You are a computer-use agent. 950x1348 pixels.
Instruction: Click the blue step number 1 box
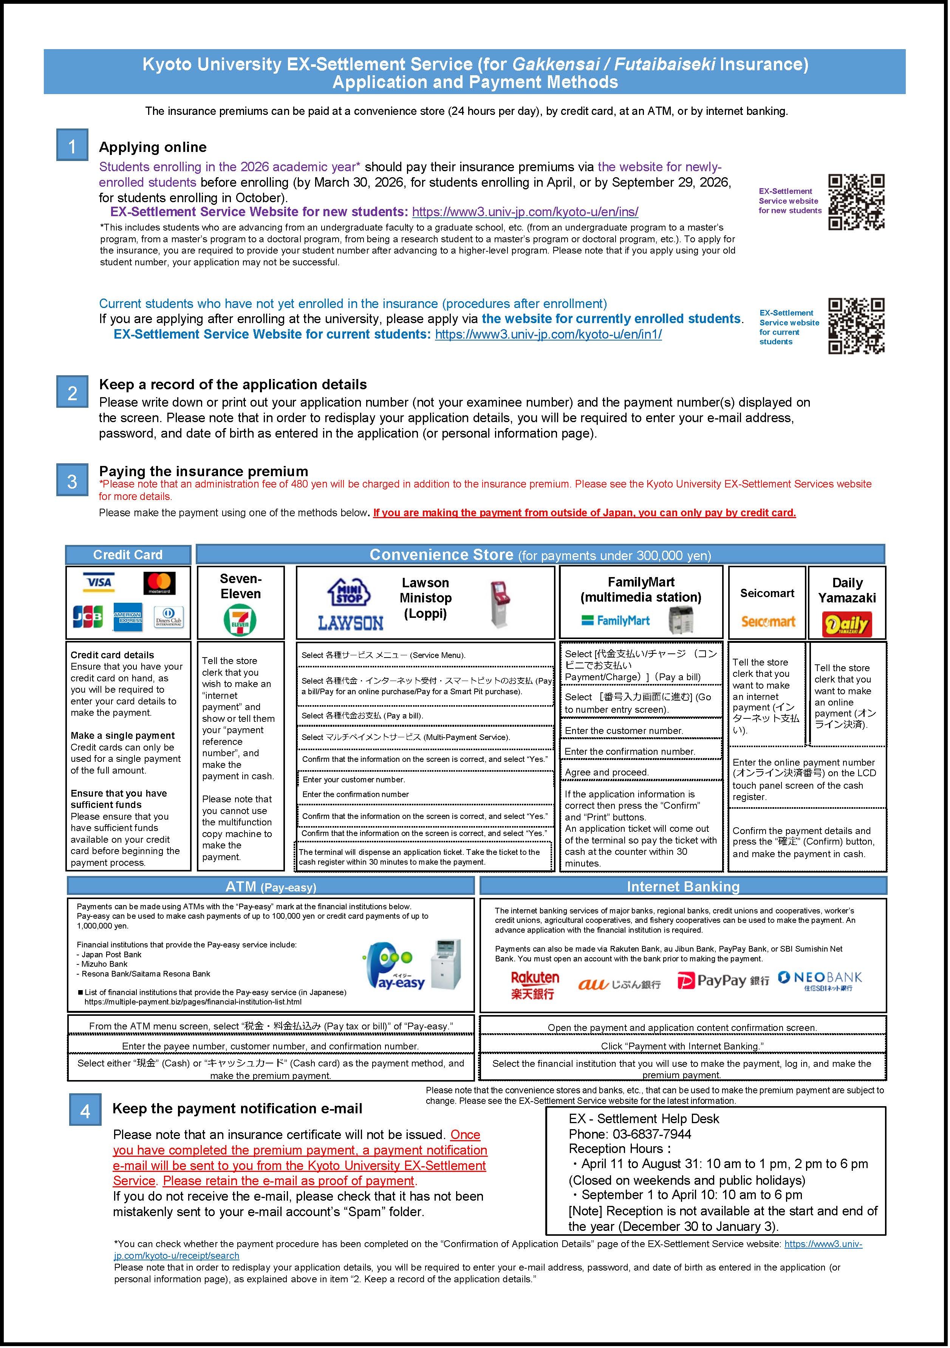coord(72,145)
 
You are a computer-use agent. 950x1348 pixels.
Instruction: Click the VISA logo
coord(99,582)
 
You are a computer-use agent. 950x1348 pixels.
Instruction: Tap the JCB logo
coord(88,616)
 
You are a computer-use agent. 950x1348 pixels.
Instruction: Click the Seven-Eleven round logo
coord(240,620)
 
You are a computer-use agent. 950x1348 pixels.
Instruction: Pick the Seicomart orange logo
coord(767,621)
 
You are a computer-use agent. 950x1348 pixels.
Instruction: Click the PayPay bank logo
coord(723,980)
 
